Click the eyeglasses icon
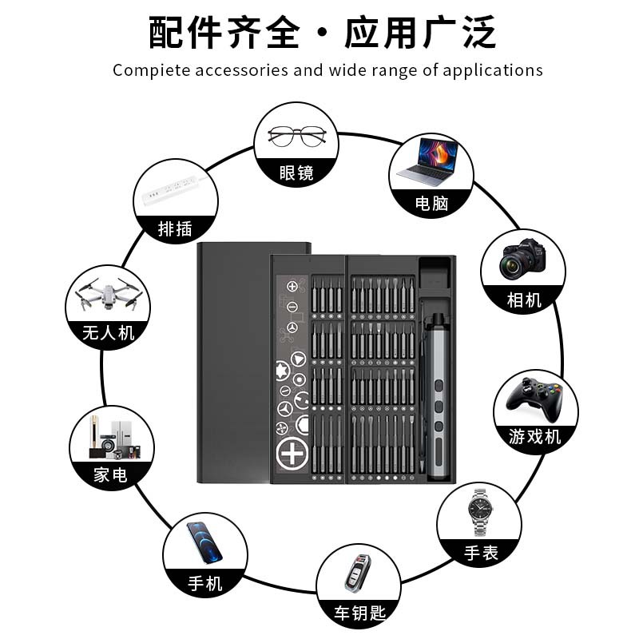tap(296, 136)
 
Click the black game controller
tap(535, 396)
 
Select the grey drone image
tap(108, 296)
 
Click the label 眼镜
tap(296, 172)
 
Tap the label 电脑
tap(431, 204)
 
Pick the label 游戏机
tap(535, 436)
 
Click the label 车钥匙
tap(359, 613)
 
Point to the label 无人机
tap(108, 332)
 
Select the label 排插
tap(175, 228)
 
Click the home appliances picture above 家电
tap(111, 438)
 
